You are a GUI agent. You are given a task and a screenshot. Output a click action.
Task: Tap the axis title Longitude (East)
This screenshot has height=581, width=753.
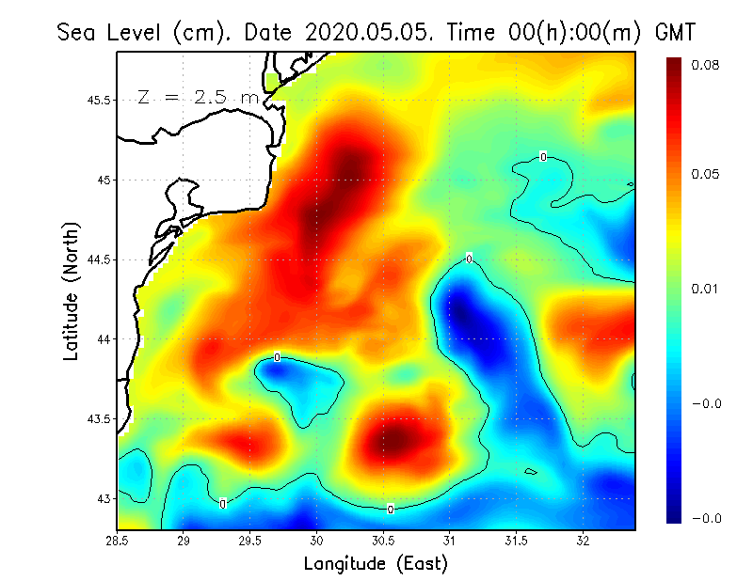[x=376, y=564]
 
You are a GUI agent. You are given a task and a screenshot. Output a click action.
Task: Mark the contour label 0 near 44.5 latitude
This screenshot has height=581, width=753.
[x=469, y=259]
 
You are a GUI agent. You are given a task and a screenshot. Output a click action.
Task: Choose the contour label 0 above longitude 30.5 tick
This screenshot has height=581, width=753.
[x=391, y=510]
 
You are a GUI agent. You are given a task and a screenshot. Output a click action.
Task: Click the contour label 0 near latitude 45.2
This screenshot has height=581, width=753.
[x=543, y=157]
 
